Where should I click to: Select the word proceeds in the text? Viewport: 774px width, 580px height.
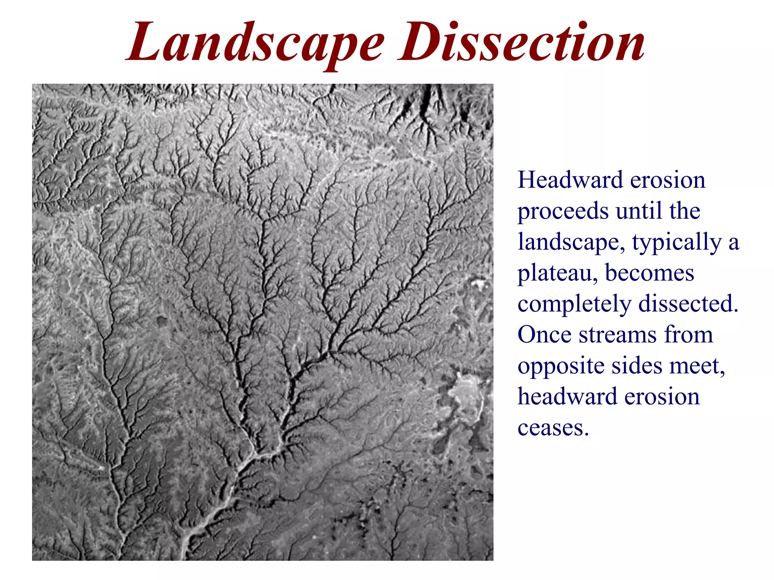tap(563, 211)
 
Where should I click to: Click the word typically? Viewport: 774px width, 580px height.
tap(676, 242)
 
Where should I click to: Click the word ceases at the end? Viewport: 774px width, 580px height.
tap(553, 429)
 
